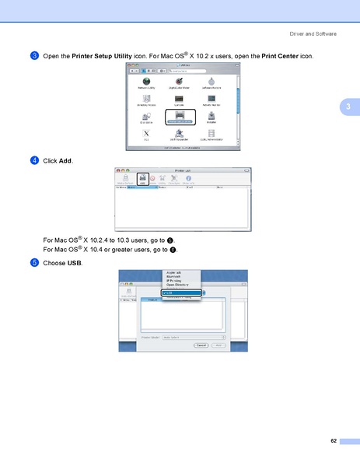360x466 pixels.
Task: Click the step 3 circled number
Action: [x=35, y=57]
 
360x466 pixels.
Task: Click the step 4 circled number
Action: [x=35, y=160]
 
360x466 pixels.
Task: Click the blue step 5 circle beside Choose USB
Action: [x=35, y=263]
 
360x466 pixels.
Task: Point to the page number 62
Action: [x=334, y=441]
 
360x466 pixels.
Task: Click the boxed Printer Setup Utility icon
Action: [x=179, y=117]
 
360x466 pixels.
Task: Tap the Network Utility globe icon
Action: [x=146, y=82]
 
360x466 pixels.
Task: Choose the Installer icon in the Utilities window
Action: [x=211, y=117]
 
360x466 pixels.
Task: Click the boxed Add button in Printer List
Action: [x=142, y=179]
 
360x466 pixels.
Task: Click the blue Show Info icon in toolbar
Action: [x=187, y=179]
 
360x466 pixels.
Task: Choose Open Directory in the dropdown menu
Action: [x=176, y=286]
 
